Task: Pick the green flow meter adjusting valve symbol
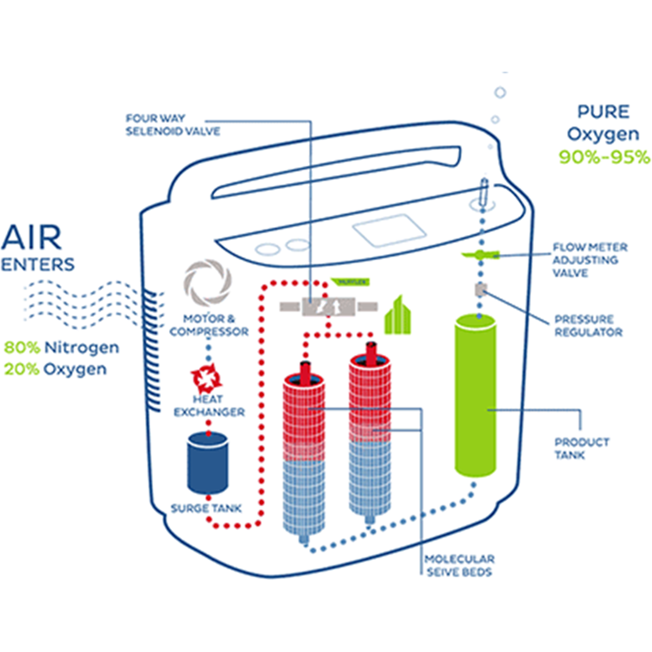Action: coord(481,255)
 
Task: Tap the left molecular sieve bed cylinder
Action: coord(304,453)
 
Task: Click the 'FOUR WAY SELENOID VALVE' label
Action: coord(173,124)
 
